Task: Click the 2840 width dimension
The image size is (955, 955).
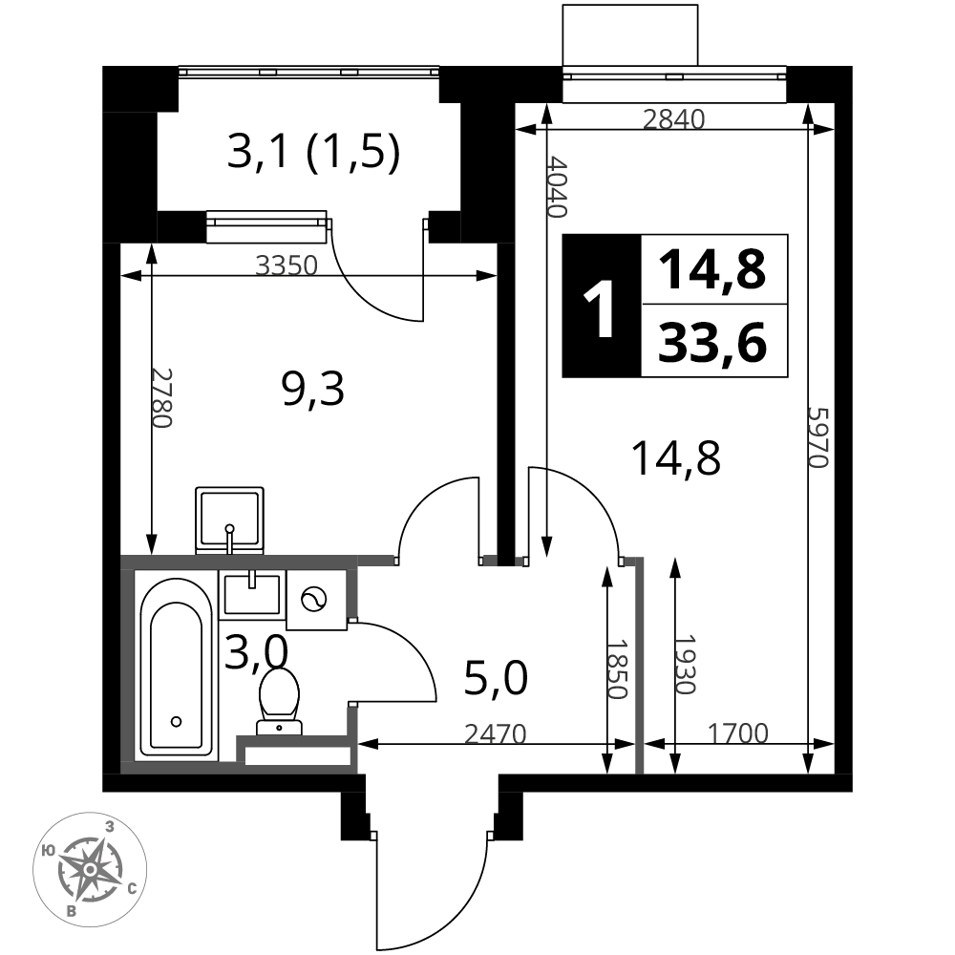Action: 673,119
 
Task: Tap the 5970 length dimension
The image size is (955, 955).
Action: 818,436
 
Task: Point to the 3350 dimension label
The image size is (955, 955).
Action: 286,265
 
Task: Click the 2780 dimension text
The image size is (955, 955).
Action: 161,397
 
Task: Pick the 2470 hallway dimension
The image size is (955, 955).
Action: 495,734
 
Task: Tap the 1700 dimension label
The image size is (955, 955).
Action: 737,733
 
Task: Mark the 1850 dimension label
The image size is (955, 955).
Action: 616,668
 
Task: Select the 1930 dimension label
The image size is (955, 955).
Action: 685,665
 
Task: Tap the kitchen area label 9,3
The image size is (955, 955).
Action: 313,390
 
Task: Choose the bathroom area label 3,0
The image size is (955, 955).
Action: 256,651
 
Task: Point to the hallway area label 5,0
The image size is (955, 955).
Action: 495,678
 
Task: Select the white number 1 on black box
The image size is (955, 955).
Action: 600,308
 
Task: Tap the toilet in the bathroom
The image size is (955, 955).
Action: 279,701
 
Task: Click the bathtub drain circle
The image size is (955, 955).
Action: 177,722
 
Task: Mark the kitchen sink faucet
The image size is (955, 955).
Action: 229,537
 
